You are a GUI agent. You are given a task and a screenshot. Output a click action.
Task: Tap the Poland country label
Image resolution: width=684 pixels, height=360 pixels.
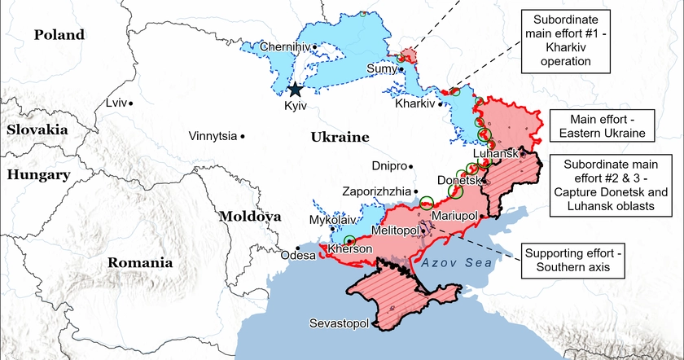tap(59, 34)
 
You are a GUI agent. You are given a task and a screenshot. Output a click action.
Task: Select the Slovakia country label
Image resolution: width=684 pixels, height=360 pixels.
tap(38, 130)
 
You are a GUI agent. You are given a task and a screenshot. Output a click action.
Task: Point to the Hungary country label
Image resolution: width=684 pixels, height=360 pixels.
tap(37, 174)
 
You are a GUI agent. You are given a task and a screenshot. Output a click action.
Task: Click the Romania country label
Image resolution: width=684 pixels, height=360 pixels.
tap(140, 262)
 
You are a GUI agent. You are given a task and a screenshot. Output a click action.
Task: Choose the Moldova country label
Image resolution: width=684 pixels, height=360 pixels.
tap(249, 217)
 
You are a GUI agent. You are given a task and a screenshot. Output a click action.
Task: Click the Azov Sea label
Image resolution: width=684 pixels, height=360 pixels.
tap(458, 262)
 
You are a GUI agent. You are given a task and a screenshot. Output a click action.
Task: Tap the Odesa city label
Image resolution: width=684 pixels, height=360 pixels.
tap(297, 256)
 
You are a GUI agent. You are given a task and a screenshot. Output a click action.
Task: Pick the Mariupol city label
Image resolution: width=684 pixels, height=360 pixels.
tap(454, 216)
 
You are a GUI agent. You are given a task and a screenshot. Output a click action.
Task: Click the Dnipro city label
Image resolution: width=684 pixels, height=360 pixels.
tap(388, 166)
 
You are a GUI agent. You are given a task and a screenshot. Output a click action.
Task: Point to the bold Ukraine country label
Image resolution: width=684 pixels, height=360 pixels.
tap(340, 138)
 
